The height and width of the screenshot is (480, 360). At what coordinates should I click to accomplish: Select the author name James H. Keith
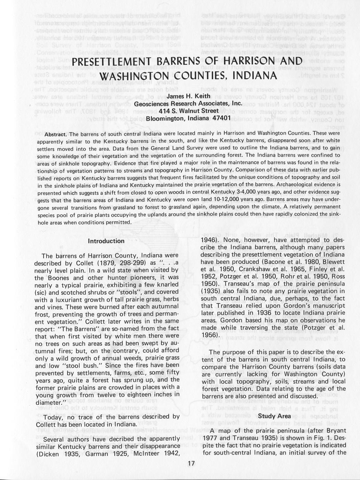tap(188, 96)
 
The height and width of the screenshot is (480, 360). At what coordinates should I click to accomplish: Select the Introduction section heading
tap(106, 241)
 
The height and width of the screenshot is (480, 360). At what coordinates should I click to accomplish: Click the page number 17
tap(191, 463)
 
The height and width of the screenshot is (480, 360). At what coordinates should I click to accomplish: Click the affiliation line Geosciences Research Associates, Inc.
tap(188, 103)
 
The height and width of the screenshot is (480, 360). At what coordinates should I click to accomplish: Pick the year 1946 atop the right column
tap(210, 240)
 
